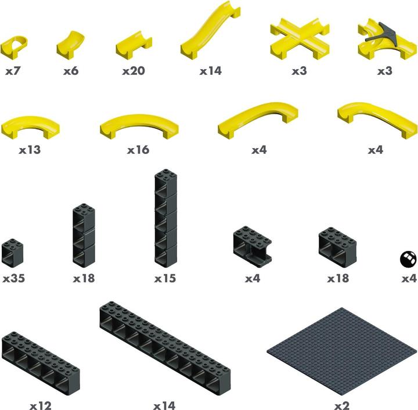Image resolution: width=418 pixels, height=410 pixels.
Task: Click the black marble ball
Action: pyautogui.click(x=408, y=258)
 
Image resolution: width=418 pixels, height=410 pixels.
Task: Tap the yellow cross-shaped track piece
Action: pyautogui.click(x=300, y=39)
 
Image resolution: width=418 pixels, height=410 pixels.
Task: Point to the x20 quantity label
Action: pyautogui.click(x=134, y=71)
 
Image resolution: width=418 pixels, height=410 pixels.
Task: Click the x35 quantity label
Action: pyautogui.click(x=13, y=279)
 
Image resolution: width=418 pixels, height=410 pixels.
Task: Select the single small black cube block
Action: pyautogui.click(x=12, y=253)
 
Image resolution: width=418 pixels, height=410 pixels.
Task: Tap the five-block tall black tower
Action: pyautogui.click(x=165, y=218)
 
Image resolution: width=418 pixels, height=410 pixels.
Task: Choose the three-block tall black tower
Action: pyautogui.click(x=84, y=235)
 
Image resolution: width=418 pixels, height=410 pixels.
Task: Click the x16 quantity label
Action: pyautogui.click(x=138, y=150)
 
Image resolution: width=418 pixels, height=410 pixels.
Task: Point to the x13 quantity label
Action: pyautogui.click(x=30, y=150)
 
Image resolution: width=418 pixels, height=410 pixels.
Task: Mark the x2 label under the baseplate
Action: pyautogui.click(x=342, y=406)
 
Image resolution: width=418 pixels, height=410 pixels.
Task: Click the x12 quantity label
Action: pyautogui.click(x=41, y=406)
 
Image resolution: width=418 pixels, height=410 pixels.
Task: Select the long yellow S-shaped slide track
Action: pyautogui.click(x=211, y=31)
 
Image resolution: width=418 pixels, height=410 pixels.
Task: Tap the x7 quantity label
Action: pyautogui.click(x=13, y=71)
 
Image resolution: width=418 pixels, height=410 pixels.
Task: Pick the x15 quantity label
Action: pyautogui.click(x=165, y=279)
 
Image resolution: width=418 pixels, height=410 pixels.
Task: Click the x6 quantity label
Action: pyautogui.click(x=71, y=71)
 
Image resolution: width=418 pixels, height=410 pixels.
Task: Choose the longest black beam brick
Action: pyautogui.click(x=165, y=348)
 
